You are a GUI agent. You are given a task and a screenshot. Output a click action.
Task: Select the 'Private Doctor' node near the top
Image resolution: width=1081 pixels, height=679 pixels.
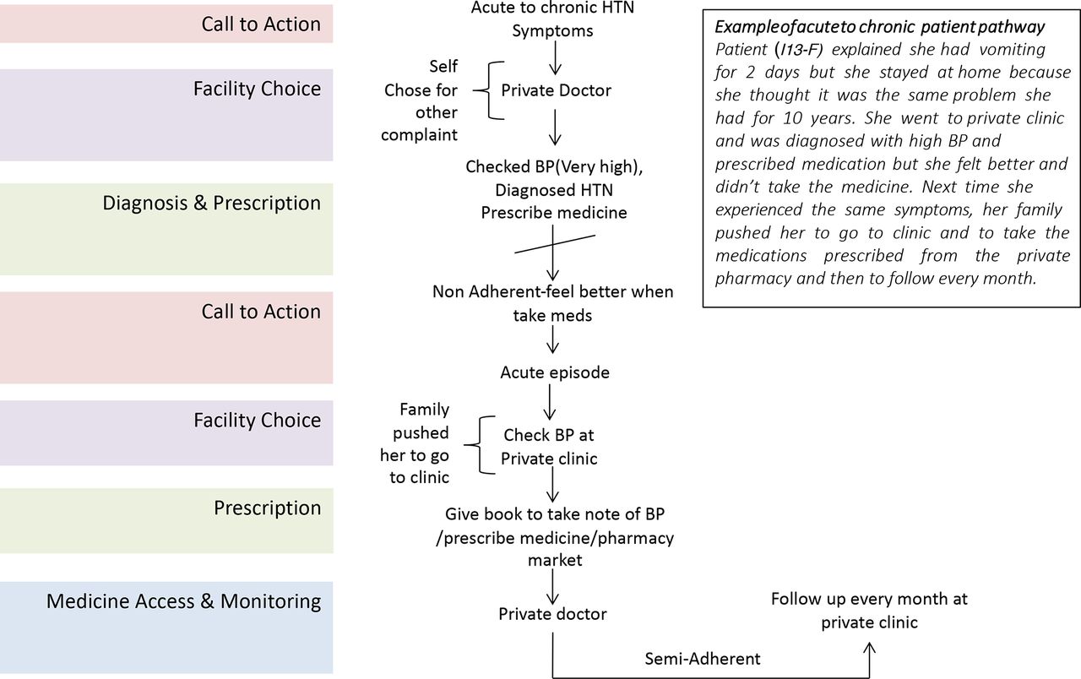pyautogui.click(x=556, y=90)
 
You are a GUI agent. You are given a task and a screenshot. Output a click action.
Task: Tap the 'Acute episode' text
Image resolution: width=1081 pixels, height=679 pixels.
pyautogui.click(x=555, y=372)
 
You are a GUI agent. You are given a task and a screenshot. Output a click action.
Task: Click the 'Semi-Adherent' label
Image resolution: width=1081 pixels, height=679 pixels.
pyautogui.click(x=702, y=659)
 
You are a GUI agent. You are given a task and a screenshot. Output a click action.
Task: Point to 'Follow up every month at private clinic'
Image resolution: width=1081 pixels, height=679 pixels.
pyautogui.click(x=869, y=611)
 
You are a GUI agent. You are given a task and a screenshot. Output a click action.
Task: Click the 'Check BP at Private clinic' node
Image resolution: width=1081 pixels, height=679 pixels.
pyautogui.click(x=549, y=447)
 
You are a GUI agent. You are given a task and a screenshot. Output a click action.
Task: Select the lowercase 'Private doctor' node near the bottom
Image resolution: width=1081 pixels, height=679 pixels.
pyautogui.click(x=552, y=614)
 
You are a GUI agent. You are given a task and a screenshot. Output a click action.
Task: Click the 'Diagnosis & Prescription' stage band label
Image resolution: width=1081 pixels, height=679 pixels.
pyautogui.click(x=211, y=204)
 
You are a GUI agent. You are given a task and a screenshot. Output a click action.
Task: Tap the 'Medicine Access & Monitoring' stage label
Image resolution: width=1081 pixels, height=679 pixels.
pyautogui.click(x=183, y=601)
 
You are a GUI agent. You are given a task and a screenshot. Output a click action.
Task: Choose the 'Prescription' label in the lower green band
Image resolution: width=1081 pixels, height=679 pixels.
pyautogui.click(x=268, y=508)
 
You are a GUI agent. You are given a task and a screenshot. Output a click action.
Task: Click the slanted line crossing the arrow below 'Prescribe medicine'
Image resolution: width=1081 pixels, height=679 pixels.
pyautogui.click(x=555, y=244)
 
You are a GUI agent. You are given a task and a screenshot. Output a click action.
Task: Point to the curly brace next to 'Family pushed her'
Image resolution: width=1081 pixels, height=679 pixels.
pyautogui.click(x=479, y=445)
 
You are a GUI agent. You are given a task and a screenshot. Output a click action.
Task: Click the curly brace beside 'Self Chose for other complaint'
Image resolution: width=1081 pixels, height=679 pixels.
pyautogui.click(x=488, y=90)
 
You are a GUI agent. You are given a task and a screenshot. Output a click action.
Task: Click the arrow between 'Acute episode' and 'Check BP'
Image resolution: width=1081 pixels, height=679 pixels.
pyautogui.click(x=550, y=402)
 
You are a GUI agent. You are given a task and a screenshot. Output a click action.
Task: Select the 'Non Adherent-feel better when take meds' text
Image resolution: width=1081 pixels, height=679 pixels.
pyautogui.click(x=552, y=303)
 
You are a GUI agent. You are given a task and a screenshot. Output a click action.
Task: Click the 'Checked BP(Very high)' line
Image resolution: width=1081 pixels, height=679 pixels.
pyautogui.click(x=554, y=167)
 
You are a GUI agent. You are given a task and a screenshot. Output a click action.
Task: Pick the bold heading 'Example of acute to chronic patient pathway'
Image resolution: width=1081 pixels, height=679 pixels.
pyautogui.click(x=879, y=27)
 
